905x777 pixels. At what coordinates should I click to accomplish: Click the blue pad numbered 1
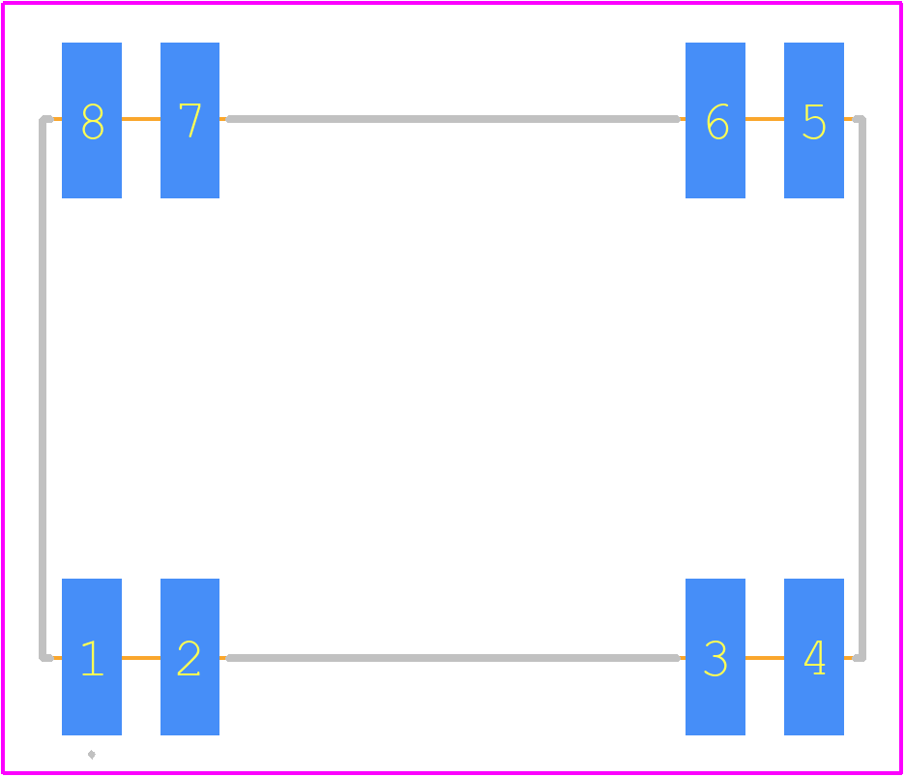pos(92,657)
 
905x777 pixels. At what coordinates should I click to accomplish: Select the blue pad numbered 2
pos(190,657)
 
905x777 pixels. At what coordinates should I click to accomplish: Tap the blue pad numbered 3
pos(715,657)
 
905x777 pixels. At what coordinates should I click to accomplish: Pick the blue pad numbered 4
pos(814,657)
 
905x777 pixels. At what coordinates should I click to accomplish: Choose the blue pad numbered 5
pos(814,120)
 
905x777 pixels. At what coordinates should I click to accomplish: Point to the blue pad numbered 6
pos(715,120)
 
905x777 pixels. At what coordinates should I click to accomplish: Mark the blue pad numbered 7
pos(190,120)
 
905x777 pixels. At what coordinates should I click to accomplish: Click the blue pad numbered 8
pos(92,120)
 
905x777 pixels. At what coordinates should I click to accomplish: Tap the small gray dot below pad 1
pos(92,755)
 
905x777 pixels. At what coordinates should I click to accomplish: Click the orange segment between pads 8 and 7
pos(141,119)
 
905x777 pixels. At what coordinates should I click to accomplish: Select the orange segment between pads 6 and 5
pos(765,119)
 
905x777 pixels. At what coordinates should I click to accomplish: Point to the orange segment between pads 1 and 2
pos(141,658)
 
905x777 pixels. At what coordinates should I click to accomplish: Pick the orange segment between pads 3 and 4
pos(765,658)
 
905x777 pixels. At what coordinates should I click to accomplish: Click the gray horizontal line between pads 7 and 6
pos(453,119)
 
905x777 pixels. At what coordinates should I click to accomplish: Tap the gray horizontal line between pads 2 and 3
pos(453,658)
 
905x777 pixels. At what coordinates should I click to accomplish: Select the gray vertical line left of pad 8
pos(43,388)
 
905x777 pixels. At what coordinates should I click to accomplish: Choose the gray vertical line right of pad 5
pos(862,388)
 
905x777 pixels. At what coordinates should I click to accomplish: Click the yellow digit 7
pos(190,120)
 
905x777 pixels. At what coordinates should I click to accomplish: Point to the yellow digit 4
pos(814,657)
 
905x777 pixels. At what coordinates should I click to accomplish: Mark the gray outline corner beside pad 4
pos(862,658)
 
